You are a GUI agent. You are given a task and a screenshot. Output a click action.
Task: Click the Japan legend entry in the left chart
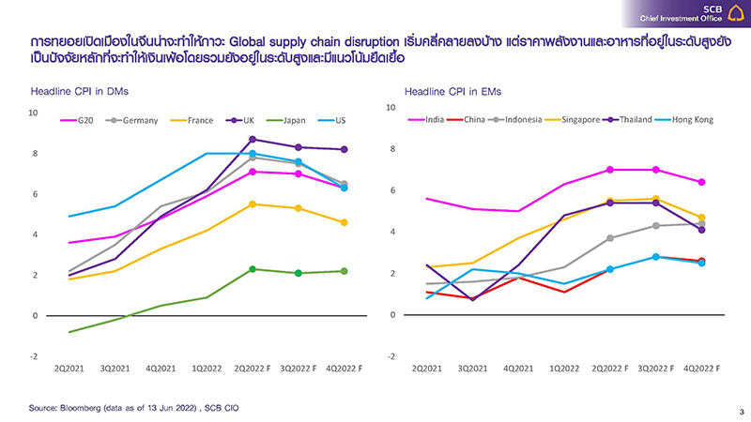point(290,121)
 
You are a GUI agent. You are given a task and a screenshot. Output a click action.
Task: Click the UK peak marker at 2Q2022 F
point(253,140)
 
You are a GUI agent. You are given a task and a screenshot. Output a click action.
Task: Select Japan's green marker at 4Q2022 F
point(345,271)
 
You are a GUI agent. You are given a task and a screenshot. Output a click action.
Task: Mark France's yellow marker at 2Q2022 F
point(253,203)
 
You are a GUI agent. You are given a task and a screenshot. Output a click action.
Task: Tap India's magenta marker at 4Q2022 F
point(701,182)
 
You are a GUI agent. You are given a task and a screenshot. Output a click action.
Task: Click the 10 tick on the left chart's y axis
point(33,113)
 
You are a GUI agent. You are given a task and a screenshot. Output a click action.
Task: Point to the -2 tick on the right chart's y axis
point(392,356)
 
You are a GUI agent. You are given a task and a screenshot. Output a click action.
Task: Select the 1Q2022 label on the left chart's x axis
point(207,369)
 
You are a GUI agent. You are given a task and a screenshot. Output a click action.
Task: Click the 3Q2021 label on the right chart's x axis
point(475,369)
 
